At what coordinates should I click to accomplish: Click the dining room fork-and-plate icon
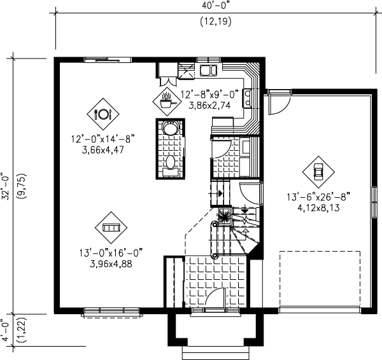point(103,114)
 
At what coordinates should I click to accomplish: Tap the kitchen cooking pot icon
point(167,99)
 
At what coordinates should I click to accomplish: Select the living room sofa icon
point(111,228)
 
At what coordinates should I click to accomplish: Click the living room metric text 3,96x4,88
point(111,263)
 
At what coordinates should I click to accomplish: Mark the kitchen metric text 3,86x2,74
point(209,106)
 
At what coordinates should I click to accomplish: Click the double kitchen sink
point(208,70)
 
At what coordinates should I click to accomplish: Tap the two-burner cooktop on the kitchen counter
point(248,97)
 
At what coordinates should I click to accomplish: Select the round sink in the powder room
point(170,128)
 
